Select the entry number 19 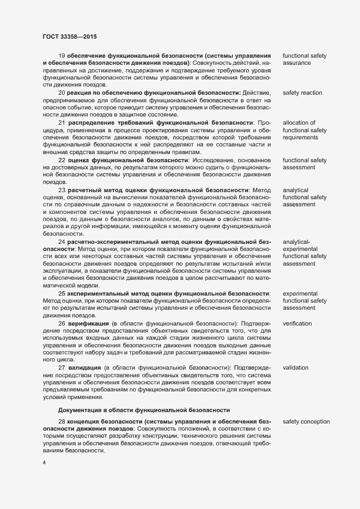click(x=62, y=56)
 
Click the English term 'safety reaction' click(x=302, y=93)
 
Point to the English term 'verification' click(x=297, y=323)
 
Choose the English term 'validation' click(x=296, y=368)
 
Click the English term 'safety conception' click(x=306, y=422)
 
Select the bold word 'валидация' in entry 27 click(x=84, y=368)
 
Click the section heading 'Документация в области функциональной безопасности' click(x=144, y=409)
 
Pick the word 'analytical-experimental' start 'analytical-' click(x=296, y=241)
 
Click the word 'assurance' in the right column click(x=297, y=63)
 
